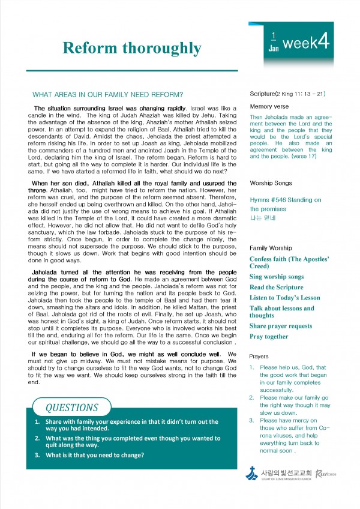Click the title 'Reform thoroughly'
point(132,48)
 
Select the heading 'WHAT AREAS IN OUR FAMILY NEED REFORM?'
point(107,94)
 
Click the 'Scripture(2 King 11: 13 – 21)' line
point(287,94)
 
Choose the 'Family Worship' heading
point(271,248)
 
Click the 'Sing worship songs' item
point(277,277)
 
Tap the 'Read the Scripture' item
point(277,288)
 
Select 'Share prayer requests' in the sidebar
point(281,326)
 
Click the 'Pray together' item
point(269,337)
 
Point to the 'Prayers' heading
point(259,357)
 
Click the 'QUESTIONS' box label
point(72,408)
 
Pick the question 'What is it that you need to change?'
point(95,455)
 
